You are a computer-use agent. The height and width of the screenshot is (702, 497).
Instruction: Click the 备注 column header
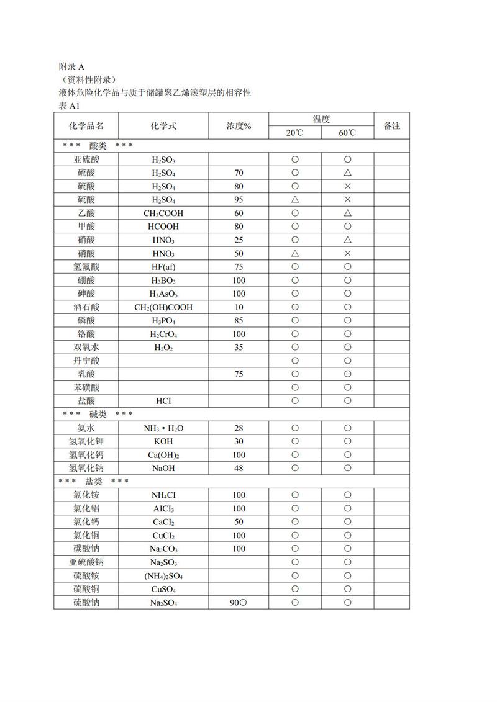(x=392, y=125)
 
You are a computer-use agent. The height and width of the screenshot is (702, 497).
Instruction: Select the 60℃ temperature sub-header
(x=347, y=133)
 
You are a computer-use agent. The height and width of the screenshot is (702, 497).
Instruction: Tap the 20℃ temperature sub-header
(x=294, y=133)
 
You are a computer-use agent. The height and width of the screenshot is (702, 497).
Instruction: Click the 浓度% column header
(x=239, y=125)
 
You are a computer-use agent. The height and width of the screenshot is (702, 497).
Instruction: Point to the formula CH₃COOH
(x=163, y=213)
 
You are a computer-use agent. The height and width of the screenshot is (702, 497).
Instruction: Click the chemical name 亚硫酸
(x=86, y=160)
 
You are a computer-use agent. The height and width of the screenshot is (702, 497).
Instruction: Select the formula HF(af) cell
(x=163, y=266)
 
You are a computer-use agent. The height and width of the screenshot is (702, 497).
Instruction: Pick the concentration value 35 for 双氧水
(x=239, y=347)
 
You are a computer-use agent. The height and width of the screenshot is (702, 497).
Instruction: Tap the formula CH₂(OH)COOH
(x=163, y=307)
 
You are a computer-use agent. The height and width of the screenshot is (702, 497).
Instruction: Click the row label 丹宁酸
(x=86, y=361)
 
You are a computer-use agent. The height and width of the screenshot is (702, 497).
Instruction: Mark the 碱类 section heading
(x=98, y=414)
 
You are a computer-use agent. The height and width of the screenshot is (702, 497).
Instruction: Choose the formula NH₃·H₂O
(x=163, y=428)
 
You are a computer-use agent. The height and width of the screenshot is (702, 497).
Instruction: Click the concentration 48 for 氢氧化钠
(x=239, y=468)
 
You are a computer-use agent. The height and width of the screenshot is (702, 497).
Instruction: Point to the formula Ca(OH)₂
(x=163, y=455)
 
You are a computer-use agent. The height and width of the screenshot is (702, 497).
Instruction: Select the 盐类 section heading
(x=93, y=481)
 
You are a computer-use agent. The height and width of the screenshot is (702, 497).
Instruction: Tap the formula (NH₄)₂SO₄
(x=163, y=575)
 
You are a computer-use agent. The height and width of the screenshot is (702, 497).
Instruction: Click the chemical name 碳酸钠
(x=86, y=549)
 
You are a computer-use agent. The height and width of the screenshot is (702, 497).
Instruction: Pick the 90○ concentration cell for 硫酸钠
(x=239, y=602)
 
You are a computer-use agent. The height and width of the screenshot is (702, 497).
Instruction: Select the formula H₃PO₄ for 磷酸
(x=163, y=320)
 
